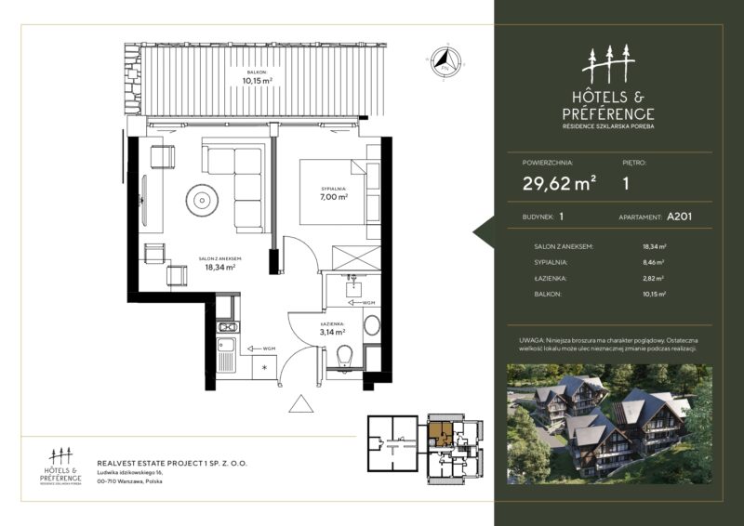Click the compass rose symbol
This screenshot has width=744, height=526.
point(445,62)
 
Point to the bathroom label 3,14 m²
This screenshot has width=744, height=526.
point(332,330)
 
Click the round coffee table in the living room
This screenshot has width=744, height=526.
point(201,197)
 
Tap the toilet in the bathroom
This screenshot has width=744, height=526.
point(343,355)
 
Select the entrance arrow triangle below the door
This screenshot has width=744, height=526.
point(302,403)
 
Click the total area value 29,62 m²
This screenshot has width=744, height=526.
point(559,184)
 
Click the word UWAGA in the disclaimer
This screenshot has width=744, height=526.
point(533,342)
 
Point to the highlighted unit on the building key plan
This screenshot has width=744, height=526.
point(439,432)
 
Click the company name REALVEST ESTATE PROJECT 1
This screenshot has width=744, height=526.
point(172,462)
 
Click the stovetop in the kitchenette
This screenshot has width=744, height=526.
point(226,326)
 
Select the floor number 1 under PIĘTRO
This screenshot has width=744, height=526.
point(626,184)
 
